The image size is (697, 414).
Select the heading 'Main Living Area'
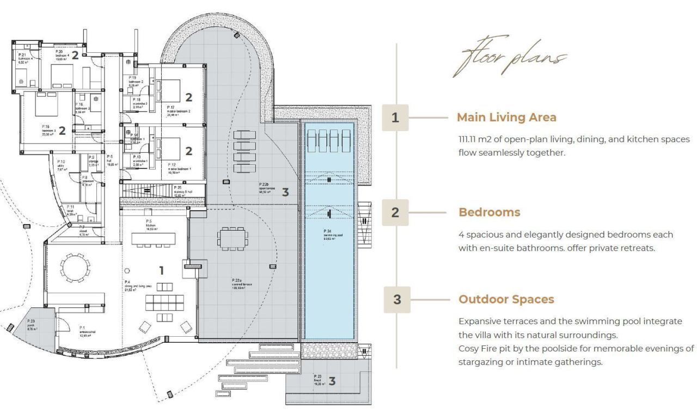tap(506, 118)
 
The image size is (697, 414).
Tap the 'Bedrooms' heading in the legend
tap(489, 212)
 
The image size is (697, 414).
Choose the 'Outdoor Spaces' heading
tap(506, 299)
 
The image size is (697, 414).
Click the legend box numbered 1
tap(395, 118)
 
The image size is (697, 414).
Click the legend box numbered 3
tap(397, 299)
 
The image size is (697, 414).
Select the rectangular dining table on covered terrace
tap(233, 238)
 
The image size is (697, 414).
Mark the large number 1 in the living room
tap(161, 270)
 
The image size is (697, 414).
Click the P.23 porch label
tap(32, 325)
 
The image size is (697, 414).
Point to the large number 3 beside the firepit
tap(332, 381)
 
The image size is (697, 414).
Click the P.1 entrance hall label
tap(72, 332)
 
